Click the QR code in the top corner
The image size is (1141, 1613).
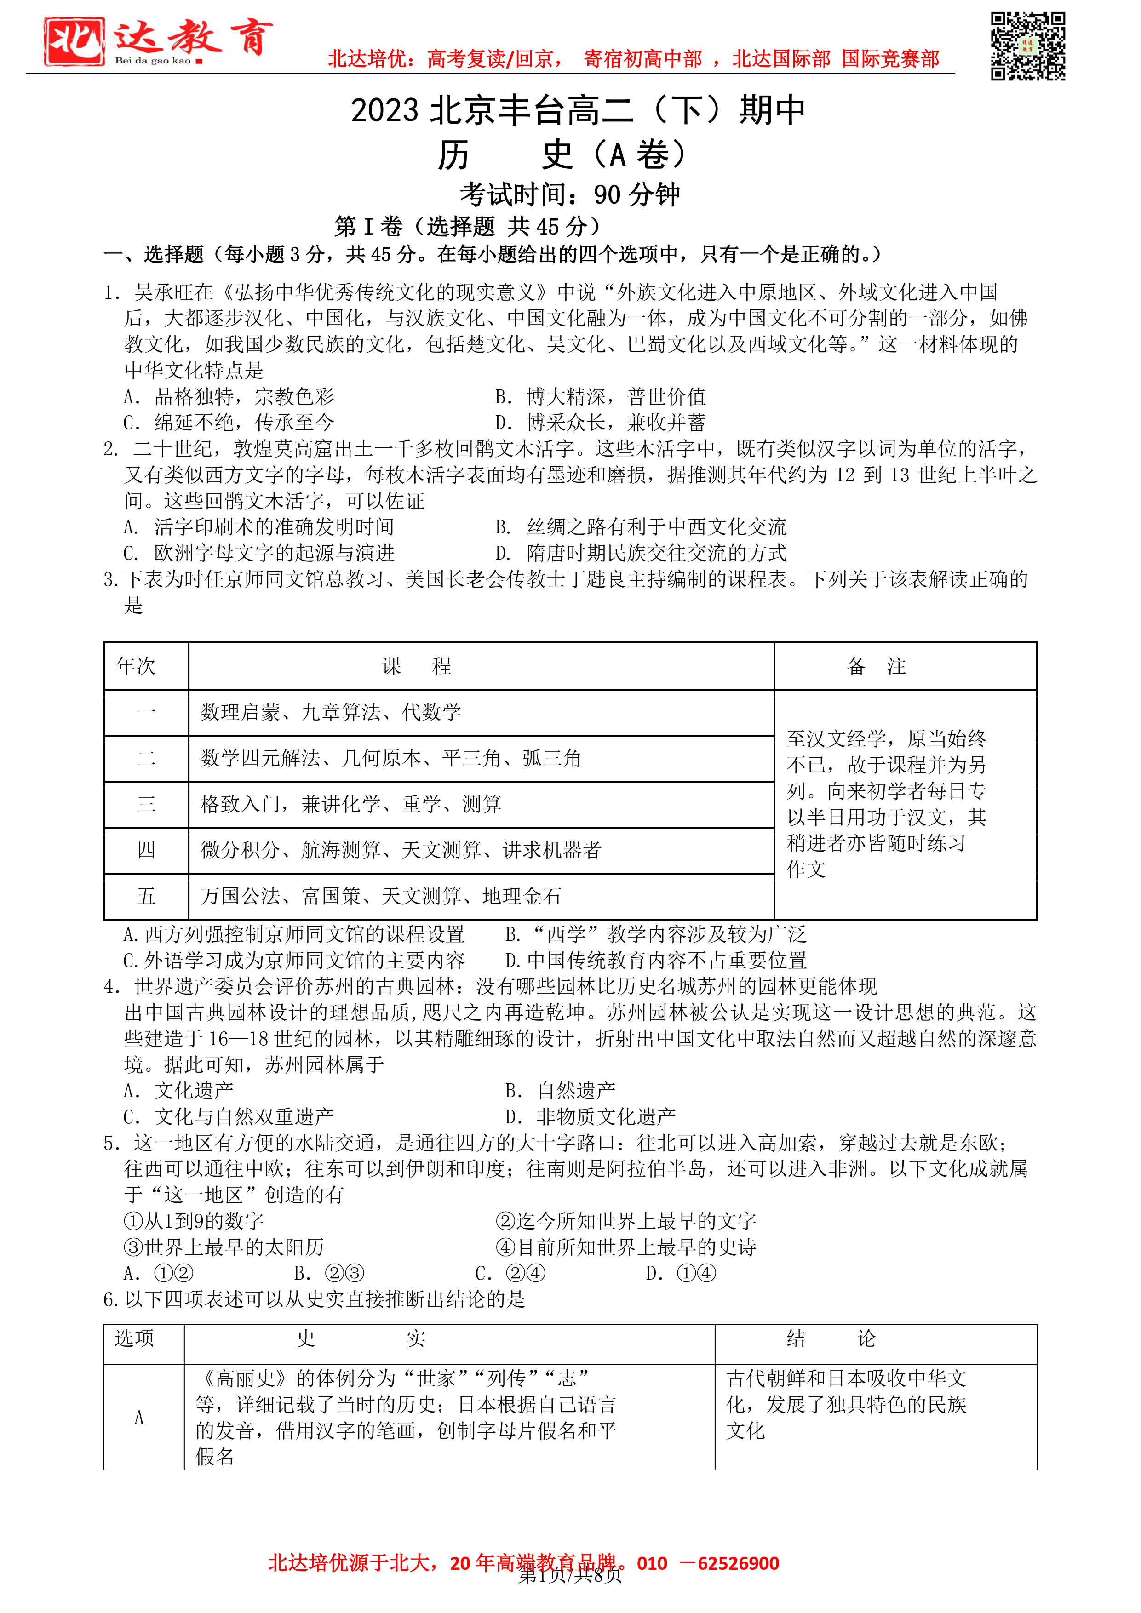(x=1027, y=46)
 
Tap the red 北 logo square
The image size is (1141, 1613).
(x=74, y=41)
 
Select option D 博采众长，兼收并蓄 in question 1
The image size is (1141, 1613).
(x=600, y=422)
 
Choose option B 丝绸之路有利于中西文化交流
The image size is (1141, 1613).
(x=640, y=527)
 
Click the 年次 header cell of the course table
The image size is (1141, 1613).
(x=136, y=666)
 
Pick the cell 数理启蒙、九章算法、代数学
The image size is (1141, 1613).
(x=331, y=712)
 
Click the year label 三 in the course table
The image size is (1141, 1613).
(x=146, y=804)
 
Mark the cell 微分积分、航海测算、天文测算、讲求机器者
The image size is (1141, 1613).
(x=401, y=850)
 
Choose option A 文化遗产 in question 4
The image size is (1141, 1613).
(x=178, y=1090)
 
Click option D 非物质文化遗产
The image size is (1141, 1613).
(x=590, y=1116)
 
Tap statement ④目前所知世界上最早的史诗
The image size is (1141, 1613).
(x=625, y=1247)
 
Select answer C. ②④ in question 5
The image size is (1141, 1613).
(x=510, y=1273)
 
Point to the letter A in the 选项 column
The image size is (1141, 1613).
(x=139, y=1418)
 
